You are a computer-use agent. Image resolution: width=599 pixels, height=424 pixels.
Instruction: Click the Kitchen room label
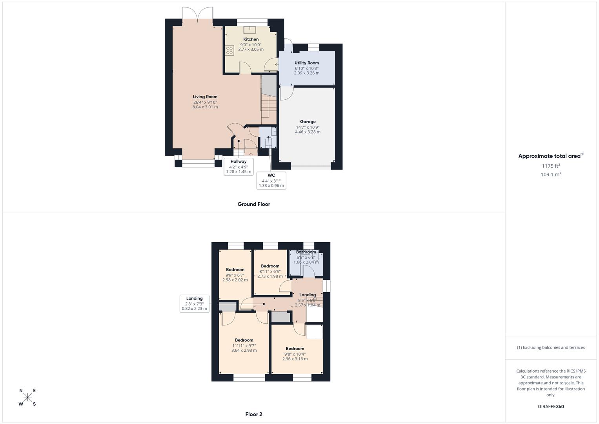tap(251, 39)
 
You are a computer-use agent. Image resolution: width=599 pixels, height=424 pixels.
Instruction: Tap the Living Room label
tap(205, 97)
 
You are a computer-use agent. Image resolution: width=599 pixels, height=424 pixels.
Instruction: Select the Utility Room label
tap(306, 63)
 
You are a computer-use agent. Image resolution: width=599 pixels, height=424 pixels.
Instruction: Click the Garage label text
tap(308, 122)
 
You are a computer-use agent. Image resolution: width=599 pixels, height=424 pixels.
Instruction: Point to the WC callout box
tap(271, 181)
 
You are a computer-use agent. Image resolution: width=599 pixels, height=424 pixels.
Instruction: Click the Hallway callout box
tap(239, 166)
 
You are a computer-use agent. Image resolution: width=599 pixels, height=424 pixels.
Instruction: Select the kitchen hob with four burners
tap(229, 50)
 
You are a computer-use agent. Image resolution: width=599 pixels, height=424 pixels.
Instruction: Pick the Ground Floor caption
tap(253, 204)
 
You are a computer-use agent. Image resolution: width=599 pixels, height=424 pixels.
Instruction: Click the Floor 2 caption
tap(253, 414)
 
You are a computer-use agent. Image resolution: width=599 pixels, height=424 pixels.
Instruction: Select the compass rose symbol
tap(27, 397)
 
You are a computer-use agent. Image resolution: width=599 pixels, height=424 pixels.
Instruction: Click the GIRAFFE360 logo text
tap(551, 407)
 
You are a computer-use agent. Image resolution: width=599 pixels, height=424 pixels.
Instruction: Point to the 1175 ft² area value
tap(551, 166)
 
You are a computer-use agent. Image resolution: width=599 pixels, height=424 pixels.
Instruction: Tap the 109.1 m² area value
tap(551, 175)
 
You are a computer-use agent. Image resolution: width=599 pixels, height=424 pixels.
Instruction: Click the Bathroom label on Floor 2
tap(306, 252)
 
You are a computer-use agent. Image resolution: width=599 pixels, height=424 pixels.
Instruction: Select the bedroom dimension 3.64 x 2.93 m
tap(244, 350)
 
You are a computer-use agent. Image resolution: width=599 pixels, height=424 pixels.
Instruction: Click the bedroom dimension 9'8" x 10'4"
tap(295, 354)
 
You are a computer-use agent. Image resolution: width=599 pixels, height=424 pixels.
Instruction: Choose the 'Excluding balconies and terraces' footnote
tap(551, 347)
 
